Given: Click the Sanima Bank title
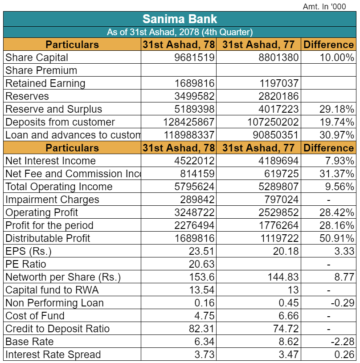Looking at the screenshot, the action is click(x=180, y=19).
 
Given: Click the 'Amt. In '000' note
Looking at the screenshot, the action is click(x=324, y=7).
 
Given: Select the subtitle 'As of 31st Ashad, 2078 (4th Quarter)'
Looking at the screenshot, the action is click(x=180, y=32).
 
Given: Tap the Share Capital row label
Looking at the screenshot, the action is click(x=37, y=57).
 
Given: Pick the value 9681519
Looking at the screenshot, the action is click(x=194, y=57).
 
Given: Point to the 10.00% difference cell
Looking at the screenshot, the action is click(x=337, y=57).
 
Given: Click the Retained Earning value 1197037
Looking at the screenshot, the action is click(x=279, y=83).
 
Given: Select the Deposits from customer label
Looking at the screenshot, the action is click(x=60, y=122).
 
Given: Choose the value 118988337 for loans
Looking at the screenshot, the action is click(x=189, y=135).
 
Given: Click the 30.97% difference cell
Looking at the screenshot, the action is click(x=337, y=135).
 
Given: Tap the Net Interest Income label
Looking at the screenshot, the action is click(x=50, y=161).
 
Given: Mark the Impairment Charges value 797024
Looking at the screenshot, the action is click(x=282, y=200).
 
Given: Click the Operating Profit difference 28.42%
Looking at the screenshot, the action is click(x=337, y=212).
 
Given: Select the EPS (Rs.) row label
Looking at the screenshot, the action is click(x=29, y=251).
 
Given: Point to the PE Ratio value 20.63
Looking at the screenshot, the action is click(x=202, y=264).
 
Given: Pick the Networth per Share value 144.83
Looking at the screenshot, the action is click(x=283, y=277).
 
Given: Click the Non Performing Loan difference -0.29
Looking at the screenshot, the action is click(x=343, y=303).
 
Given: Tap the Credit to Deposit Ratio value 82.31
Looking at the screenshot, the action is click(x=202, y=329).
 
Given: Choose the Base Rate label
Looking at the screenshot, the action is click(x=29, y=342).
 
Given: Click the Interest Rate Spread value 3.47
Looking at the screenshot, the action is click(x=289, y=355).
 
